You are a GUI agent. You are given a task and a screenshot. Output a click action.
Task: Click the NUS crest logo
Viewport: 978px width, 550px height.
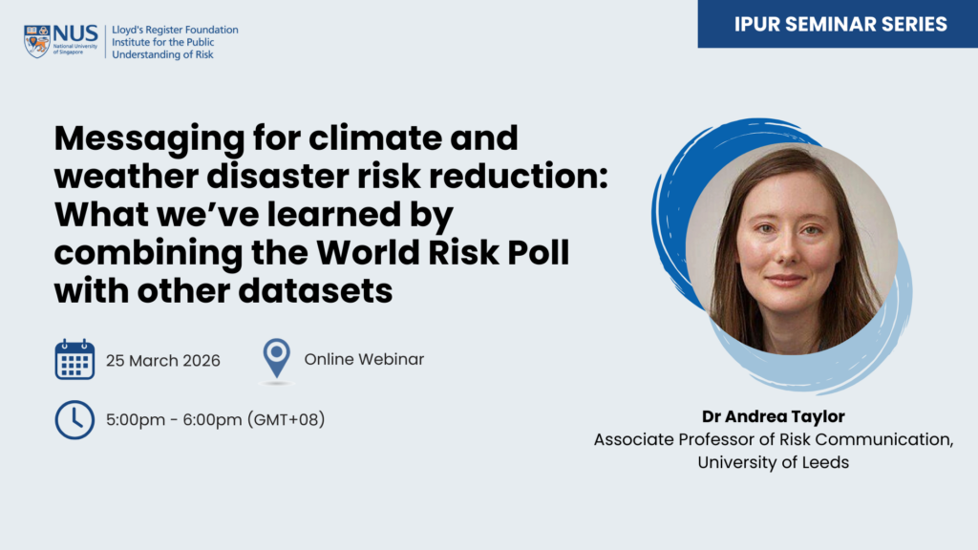[x=37, y=41]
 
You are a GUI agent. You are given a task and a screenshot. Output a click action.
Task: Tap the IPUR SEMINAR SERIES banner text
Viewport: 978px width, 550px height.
[x=840, y=24]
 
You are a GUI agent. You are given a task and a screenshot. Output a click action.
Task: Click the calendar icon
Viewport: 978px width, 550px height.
[x=74, y=360]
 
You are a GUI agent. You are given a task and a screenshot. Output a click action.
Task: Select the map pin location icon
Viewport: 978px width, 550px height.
[x=276, y=359]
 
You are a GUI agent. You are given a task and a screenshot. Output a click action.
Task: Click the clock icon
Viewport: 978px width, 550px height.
[x=74, y=420]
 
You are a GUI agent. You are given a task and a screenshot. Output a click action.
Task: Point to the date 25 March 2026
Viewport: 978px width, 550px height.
[x=162, y=360]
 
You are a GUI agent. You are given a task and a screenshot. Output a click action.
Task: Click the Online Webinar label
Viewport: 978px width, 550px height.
[x=364, y=359]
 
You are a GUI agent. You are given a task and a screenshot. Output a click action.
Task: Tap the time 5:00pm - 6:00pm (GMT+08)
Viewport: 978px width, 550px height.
[x=215, y=420]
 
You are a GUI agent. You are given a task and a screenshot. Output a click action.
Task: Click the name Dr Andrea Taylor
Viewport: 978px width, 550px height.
[x=774, y=416]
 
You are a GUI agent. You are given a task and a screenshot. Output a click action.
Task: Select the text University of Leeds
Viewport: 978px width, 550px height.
[x=774, y=462]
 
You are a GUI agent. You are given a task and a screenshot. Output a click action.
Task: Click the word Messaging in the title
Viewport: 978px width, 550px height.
[x=149, y=139]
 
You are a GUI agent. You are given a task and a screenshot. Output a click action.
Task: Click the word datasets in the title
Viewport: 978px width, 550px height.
[x=315, y=290]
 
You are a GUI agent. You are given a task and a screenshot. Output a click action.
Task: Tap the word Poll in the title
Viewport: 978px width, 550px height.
[x=539, y=252]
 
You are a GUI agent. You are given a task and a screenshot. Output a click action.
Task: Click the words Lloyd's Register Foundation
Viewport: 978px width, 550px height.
[x=175, y=30]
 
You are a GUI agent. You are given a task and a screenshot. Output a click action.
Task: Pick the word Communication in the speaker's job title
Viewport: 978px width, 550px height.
[x=884, y=439]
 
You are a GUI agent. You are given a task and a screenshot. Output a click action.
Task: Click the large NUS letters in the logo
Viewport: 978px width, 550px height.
[x=75, y=33]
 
